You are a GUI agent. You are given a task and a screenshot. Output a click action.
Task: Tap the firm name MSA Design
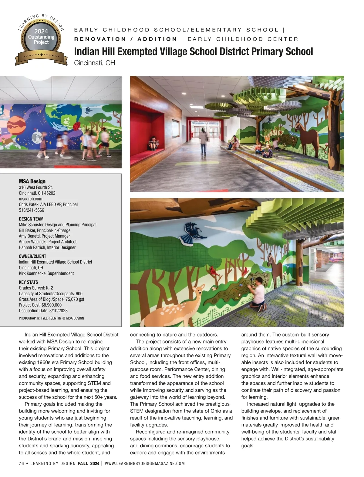click(x=32, y=181)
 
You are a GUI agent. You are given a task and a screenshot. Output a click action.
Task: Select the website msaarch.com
click(x=30, y=199)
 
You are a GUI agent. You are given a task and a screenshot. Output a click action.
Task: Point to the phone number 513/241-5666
click(x=31, y=210)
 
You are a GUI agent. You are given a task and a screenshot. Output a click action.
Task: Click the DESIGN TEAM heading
click(x=31, y=219)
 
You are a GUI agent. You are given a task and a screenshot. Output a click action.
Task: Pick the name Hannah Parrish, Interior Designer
click(x=47, y=247)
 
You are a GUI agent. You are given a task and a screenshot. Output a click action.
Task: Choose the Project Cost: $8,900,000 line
click(x=40, y=305)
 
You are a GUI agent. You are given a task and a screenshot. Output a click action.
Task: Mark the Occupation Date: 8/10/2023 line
click(x=43, y=311)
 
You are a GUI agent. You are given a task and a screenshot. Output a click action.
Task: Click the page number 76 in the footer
click(x=21, y=463)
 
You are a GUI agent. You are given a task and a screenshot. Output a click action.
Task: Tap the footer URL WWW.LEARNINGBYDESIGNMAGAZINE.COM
click(x=145, y=463)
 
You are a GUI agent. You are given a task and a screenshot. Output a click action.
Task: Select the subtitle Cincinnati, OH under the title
click(x=94, y=63)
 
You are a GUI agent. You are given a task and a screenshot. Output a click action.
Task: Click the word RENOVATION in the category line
click(x=100, y=39)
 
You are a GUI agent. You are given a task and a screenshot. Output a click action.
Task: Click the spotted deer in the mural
click(x=179, y=306)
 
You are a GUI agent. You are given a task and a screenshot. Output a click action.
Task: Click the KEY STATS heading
click(x=28, y=282)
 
